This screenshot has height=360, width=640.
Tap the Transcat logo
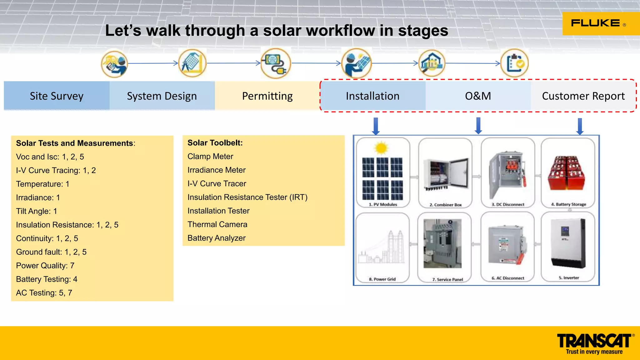click(x=595, y=343)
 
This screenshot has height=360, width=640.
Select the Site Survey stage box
click(x=57, y=96)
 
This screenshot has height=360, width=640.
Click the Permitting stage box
click(x=267, y=96)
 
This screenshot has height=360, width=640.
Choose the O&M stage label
click(x=478, y=96)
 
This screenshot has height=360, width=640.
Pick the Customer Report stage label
click(x=583, y=96)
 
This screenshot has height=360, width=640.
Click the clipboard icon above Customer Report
click(x=514, y=63)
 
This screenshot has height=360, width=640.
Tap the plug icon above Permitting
click(x=276, y=63)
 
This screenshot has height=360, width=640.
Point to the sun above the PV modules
click(x=381, y=148)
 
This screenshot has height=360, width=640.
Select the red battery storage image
click(x=567, y=173)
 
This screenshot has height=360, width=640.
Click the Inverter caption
click(x=569, y=277)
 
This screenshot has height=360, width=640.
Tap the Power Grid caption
click(x=382, y=279)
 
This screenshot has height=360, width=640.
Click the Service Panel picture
click(x=442, y=244)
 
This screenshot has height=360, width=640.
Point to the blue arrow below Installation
click(x=376, y=126)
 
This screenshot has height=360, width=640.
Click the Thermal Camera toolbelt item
click(x=217, y=224)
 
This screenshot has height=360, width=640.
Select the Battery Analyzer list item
click(x=216, y=238)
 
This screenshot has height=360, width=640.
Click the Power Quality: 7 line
click(x=45, y=266)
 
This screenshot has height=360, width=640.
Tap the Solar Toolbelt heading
click(x=215, y=143)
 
